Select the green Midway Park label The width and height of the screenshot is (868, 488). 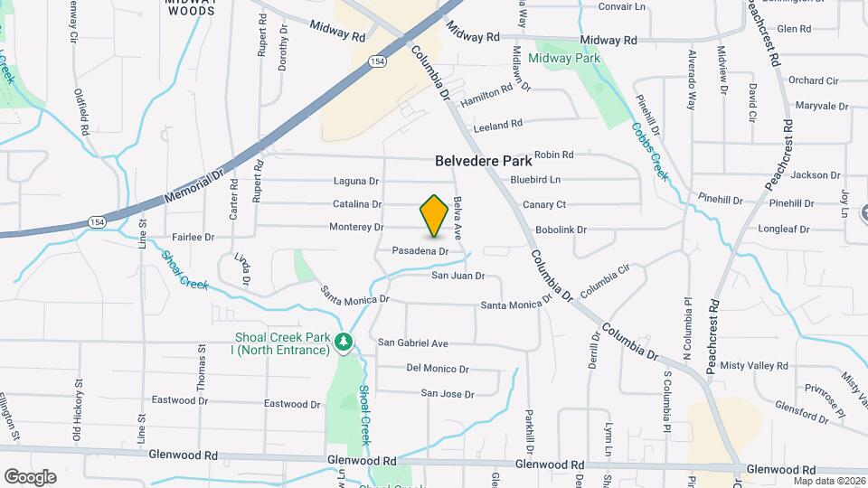[x=564, y=58]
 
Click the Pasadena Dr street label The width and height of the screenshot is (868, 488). [x=420, y=250]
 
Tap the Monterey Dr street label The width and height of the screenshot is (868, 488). [x=356, y=227]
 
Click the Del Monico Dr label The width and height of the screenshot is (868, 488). [x=438, y=369]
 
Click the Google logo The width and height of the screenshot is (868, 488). [x=30, y=476]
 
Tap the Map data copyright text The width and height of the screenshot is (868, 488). [x=829, y=481]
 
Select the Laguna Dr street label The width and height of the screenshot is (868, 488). [x=354, y=180]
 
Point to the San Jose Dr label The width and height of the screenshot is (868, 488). [x=448, y=394]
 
